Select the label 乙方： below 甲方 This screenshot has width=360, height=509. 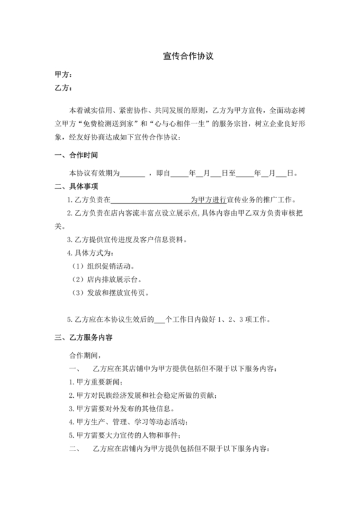tap(63, 88)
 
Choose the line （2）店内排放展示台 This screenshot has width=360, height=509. tap(106, 280)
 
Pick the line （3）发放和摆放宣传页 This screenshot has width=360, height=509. tap(110, 293)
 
